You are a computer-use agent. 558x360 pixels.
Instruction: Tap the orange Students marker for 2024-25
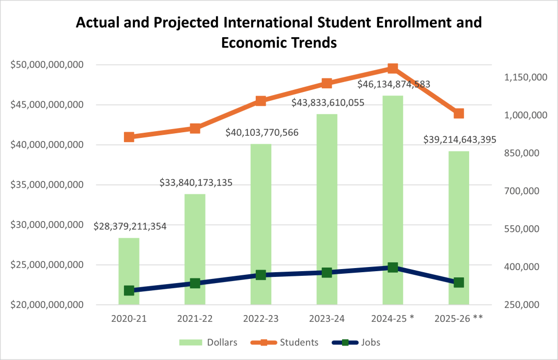[393, 69]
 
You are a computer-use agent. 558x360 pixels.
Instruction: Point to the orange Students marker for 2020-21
[129, 137]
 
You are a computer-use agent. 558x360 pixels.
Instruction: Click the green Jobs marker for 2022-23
[261, 275]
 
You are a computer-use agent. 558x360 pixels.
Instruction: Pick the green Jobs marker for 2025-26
[459, 283]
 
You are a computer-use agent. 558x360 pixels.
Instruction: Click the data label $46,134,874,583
[394, 84]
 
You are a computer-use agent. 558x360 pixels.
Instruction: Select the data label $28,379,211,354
[130, 226]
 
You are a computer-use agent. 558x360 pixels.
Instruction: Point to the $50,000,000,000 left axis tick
[47, 65]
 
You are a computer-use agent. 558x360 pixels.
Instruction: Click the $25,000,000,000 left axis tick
[47, 265]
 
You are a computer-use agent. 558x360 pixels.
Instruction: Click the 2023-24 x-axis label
[327, 319]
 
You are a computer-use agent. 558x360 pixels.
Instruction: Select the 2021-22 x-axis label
[195, 319]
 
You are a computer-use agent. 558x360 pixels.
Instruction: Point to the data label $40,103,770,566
[262, 133]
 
